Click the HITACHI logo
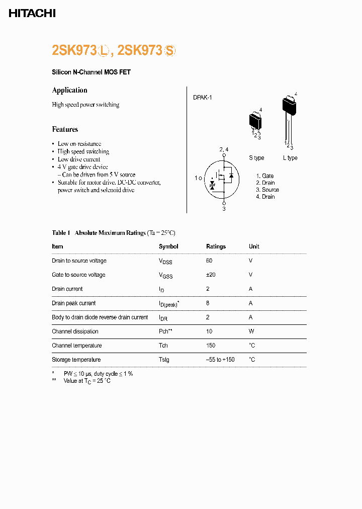[32, 14]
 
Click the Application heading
[69, 90]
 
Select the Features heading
[65, 129]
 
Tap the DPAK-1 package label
[202, 98]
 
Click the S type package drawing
[256, 121]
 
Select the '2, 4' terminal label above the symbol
[224, 150]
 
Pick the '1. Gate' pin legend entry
[264, 176]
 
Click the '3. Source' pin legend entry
[267, 190]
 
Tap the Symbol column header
[168, 246]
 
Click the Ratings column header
[216, 246]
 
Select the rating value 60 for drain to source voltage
[209, 261]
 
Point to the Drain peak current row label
[73, 303]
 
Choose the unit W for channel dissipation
[251, 331]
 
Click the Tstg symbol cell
[164, 360]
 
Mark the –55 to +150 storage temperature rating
[220, 360]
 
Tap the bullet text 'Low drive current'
[79, 159]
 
